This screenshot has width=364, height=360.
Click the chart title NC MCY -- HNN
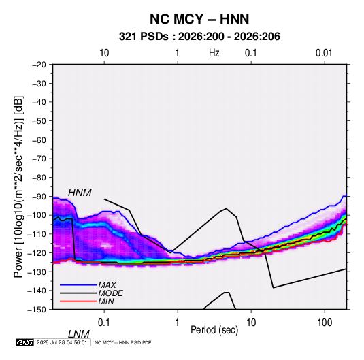point(199,19)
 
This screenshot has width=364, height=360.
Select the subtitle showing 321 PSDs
point(199,37)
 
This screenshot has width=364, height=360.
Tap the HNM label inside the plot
point(80,193)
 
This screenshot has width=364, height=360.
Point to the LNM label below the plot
point(78,334)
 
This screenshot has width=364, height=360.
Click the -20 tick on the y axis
point(39,65)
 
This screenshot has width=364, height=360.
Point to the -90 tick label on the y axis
point(39,196)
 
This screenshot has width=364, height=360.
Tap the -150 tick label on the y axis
point(37,310)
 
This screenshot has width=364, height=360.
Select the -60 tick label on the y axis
point(39,140)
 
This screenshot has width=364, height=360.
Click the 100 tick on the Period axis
point(325,323)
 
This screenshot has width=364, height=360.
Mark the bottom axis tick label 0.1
point(103,323)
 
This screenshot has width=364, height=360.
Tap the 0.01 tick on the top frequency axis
point(324,53)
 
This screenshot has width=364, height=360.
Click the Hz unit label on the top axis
point(214,53)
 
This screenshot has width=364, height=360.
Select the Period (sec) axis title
point(214,330)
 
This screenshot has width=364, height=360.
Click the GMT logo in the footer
point(25,342)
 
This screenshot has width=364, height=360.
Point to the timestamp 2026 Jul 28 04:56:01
point(62,342)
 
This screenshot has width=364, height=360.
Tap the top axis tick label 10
point(104,53)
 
